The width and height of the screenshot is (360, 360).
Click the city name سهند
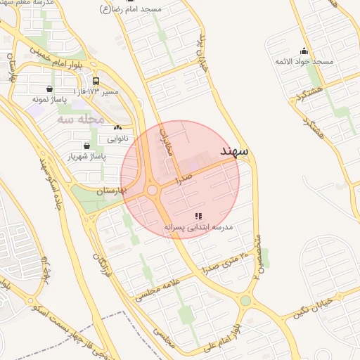235,151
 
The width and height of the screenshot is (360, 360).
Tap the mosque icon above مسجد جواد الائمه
304,51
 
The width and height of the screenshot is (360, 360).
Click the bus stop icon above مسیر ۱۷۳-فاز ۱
96,81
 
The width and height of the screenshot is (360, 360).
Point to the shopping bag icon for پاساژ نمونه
49,89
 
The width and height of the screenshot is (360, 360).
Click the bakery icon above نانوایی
117,127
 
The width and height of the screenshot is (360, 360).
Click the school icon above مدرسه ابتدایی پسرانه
199,216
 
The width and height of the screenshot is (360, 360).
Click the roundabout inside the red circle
152,190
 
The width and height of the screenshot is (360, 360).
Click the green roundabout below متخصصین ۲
245,301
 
